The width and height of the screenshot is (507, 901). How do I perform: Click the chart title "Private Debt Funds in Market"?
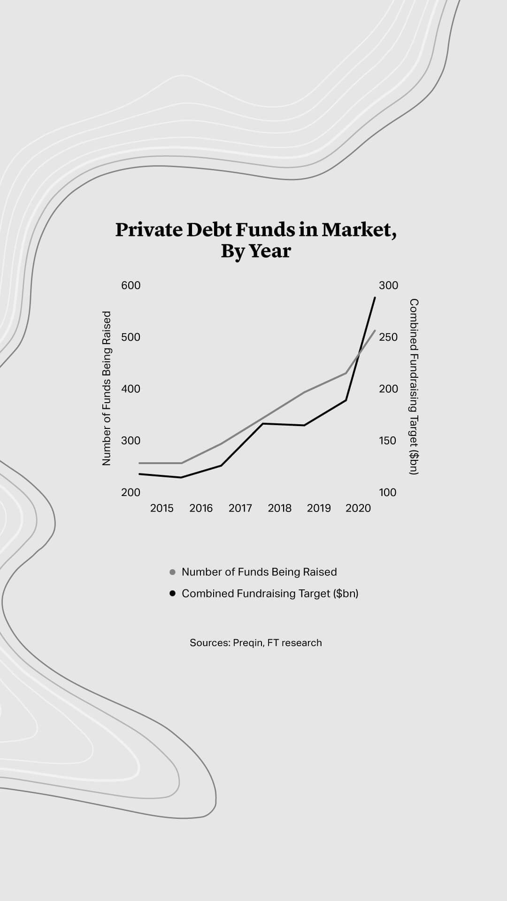click(x=256, y=230)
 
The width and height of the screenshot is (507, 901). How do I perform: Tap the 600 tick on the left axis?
click(x=131, y=285)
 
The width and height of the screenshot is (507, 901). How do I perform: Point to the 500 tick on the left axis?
click(x=131, y=337)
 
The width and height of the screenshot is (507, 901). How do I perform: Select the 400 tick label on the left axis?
click(x=131, y=389)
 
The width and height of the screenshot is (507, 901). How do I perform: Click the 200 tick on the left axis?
click(x=131, y=492)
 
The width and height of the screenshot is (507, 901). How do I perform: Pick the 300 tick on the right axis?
click(x=388, y=285)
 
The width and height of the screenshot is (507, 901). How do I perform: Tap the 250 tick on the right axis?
click(x=388, y=337)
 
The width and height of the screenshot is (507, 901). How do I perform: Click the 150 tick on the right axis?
click(x=388, y=441)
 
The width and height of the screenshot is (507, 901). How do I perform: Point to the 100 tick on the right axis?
click(x=388, y=492)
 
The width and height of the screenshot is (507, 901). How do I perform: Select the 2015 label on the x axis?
click(x=161, y=508)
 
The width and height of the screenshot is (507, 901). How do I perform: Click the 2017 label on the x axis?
click(x=240, y=508)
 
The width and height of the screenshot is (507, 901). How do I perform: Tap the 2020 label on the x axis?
click(x=358, y=508)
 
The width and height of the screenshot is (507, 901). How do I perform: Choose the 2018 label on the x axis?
click(x=280, y=508)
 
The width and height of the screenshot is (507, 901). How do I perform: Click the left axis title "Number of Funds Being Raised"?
click(x=107, y=388)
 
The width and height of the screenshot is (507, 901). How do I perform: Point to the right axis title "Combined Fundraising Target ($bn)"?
click(x=414, y=387)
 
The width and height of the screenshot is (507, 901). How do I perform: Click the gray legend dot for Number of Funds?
click(x=172, y=572)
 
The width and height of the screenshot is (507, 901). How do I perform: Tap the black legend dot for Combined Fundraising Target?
click(x=172, y=594)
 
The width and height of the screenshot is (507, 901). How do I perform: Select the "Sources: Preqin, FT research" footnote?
click(x=256, y=643)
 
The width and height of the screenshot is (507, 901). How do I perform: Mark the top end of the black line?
click(x=375, y=298)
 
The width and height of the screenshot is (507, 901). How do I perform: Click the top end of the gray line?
click(x=375, y=331)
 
